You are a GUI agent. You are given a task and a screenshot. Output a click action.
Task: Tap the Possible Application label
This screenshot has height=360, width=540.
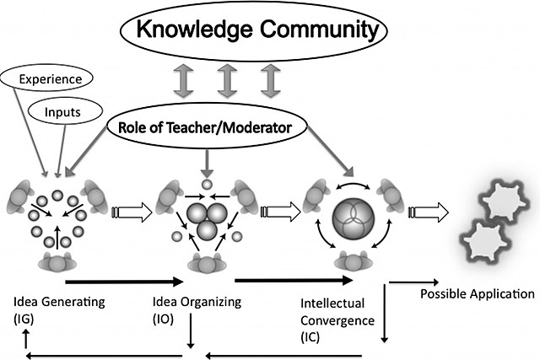(477, 295)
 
